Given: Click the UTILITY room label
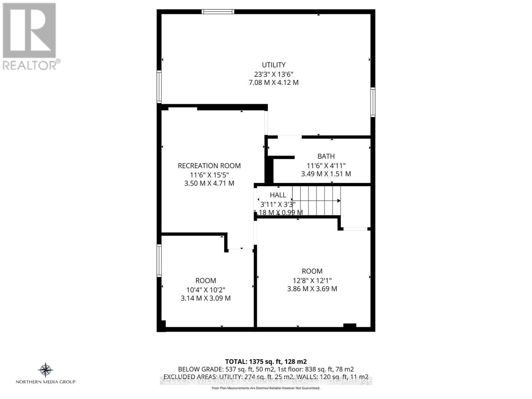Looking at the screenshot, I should coord(274,65).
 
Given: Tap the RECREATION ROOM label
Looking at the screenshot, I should coord(209,166).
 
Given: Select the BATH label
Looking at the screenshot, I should coord(326,156).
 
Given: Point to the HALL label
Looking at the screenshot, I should coord(278,195).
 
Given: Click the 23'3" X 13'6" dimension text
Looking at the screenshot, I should coord(274,74).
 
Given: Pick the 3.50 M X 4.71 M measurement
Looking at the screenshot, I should coord(209,183).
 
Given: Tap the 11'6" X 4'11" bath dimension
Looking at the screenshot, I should coord(326,165).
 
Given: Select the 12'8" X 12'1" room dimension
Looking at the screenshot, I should coord(312,280).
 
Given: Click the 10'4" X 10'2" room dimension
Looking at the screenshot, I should coord(205,290).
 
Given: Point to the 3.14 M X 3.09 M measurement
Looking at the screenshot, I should coord(205,298).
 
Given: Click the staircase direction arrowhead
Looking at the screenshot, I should coord(339,201).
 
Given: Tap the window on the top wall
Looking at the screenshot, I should coord(218,12).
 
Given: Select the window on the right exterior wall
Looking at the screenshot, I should coord(373,102).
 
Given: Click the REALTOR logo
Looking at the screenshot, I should coord(30,37).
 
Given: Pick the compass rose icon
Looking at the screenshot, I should coord(46,370).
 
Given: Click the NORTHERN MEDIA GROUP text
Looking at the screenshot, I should coord(46,382).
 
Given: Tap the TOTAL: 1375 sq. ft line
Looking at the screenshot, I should coord(266,361).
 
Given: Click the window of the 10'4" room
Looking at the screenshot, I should coord(159,260).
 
